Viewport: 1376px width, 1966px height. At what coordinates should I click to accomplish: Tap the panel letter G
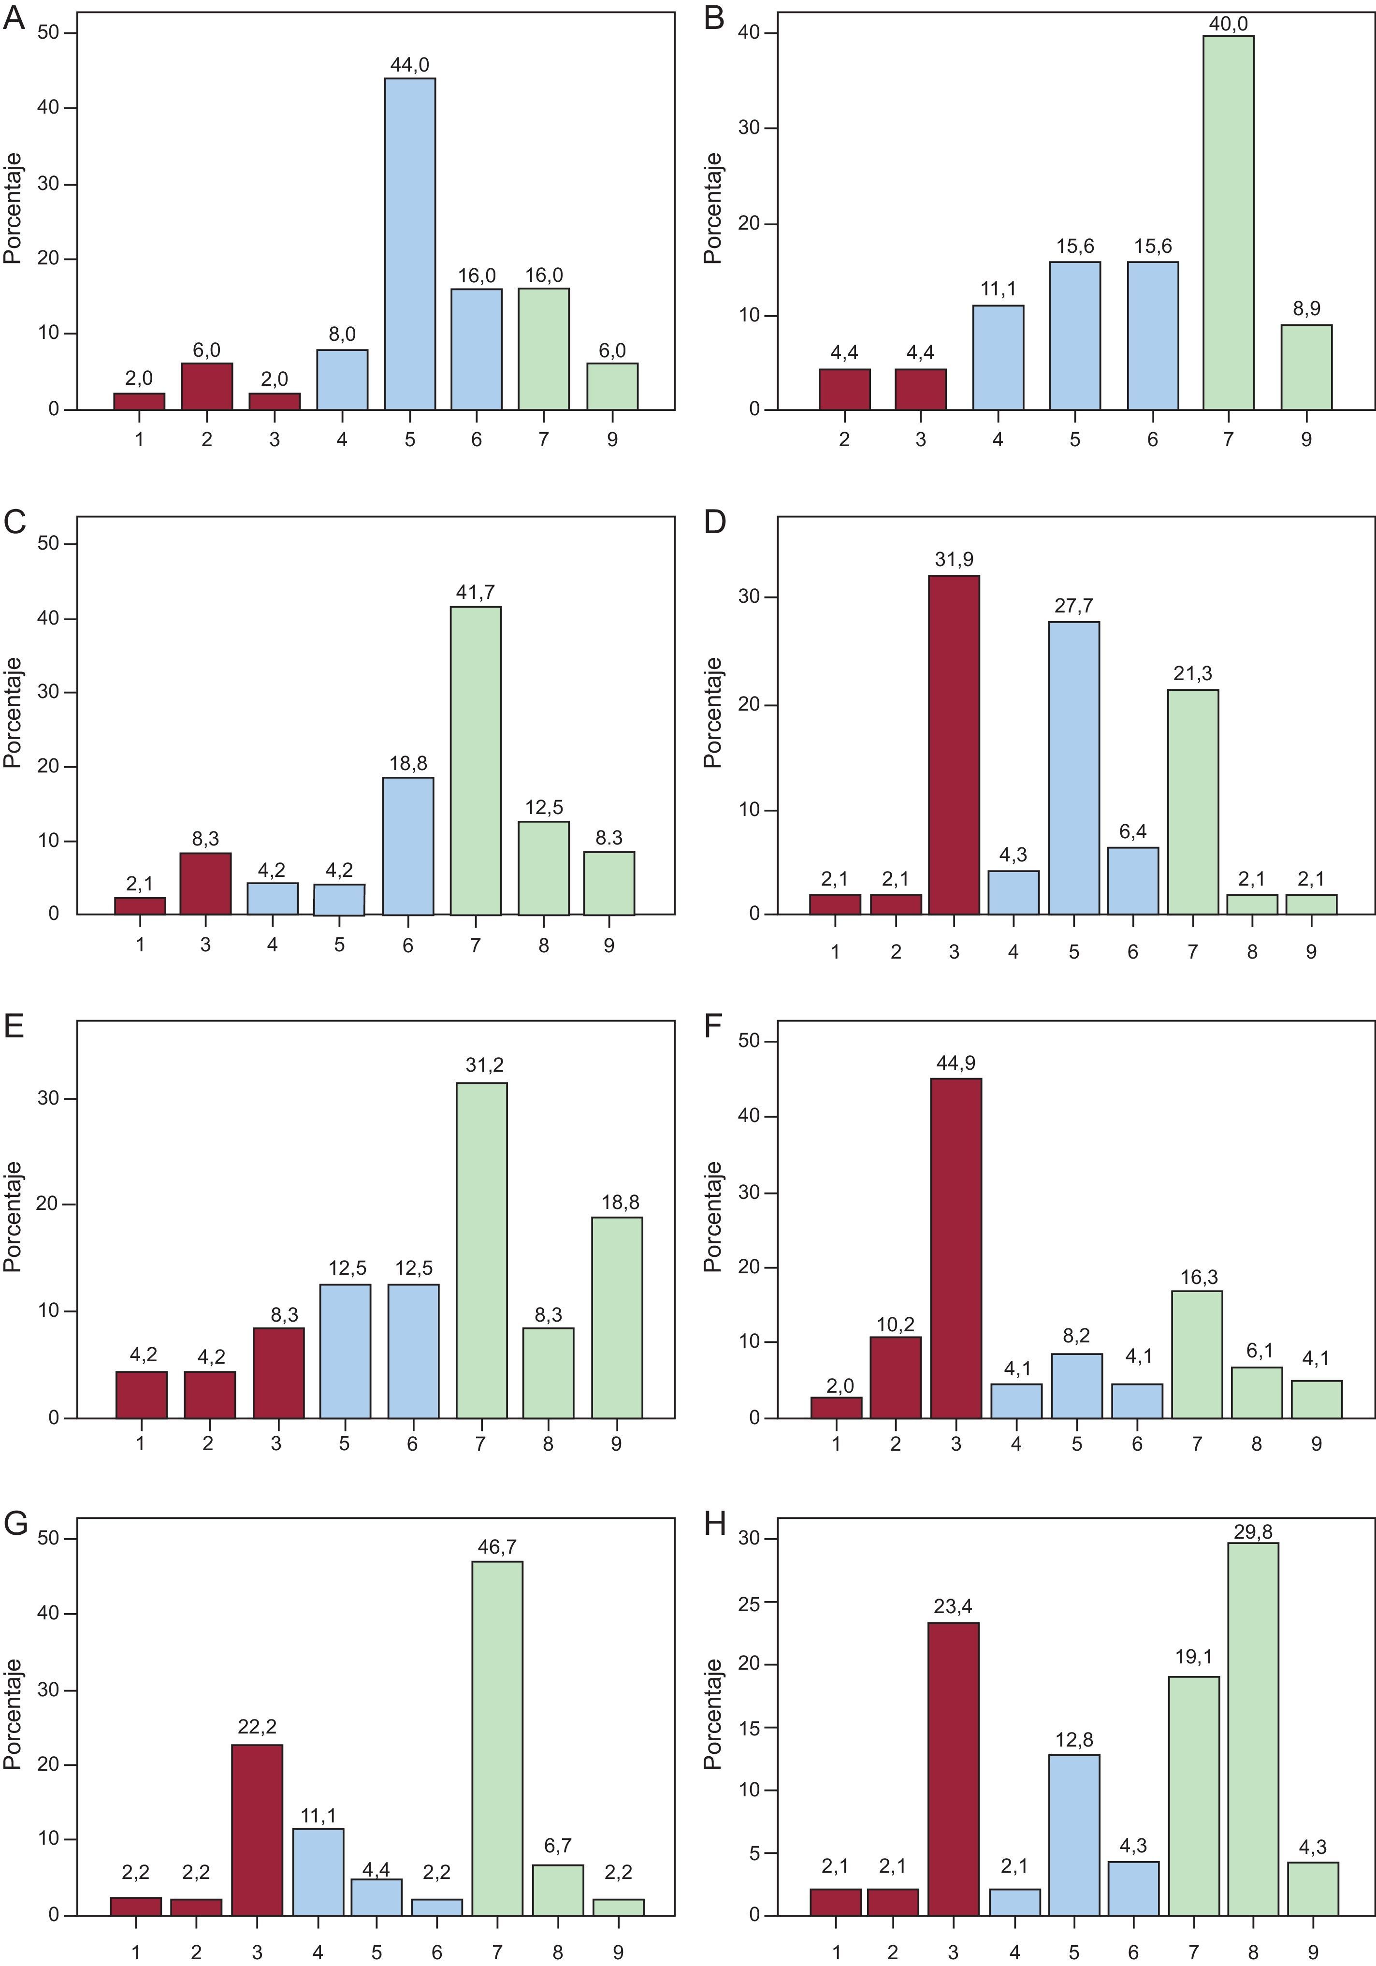15,1524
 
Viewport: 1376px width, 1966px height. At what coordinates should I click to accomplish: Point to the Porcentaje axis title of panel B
712,208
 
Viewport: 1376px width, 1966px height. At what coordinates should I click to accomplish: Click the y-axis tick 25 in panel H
748,1602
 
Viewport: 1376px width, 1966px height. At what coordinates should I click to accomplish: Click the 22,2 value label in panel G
257,1726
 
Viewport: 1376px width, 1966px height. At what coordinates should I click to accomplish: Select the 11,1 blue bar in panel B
998,357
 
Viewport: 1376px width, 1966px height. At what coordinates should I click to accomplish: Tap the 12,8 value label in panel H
1074,1740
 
